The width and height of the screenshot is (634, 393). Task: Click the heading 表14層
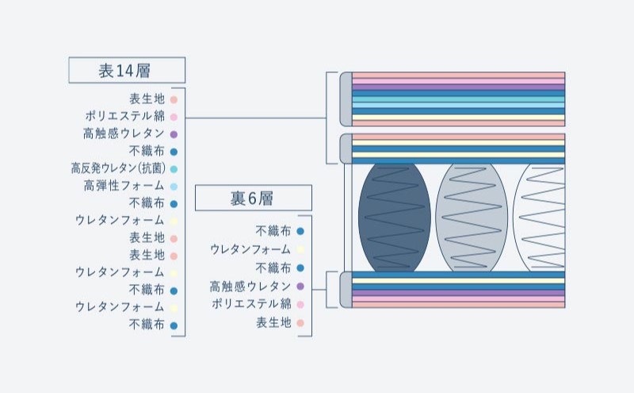127,71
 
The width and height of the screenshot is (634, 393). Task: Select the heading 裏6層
253,198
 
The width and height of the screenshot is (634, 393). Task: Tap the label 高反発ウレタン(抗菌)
117,168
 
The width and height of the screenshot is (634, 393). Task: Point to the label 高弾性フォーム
124,186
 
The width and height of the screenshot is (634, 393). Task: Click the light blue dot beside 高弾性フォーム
174,186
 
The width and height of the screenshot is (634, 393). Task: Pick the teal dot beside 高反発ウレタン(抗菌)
174,168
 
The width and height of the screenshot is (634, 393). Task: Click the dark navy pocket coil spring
394,216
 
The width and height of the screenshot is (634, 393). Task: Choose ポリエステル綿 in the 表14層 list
124,116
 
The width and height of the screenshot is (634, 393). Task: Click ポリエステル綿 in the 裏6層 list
251,303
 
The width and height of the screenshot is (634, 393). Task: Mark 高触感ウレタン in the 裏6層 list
251,286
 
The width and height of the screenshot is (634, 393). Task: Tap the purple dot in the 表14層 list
174,133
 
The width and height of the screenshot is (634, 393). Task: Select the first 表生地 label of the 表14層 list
147,98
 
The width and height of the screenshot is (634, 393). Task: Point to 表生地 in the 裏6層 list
273,322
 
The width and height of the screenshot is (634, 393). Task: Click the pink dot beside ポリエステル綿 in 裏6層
300,303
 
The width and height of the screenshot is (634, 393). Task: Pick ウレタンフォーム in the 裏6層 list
251,249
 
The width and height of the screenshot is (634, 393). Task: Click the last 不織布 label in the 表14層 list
147,324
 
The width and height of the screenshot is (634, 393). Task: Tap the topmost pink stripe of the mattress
458,75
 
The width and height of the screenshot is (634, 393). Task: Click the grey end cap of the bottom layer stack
346,289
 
